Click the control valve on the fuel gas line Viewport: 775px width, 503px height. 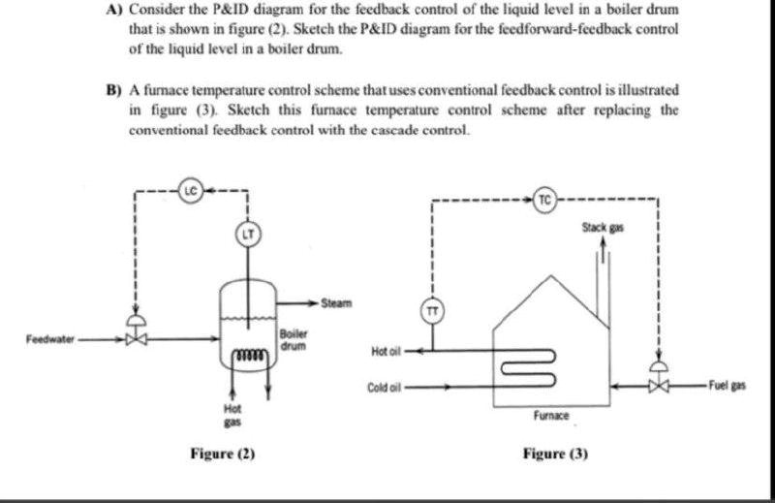(659, 385)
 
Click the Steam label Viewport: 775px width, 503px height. (336, 303)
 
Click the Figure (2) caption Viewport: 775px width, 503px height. (223, 453)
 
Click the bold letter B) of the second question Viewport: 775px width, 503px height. (112, 88)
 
